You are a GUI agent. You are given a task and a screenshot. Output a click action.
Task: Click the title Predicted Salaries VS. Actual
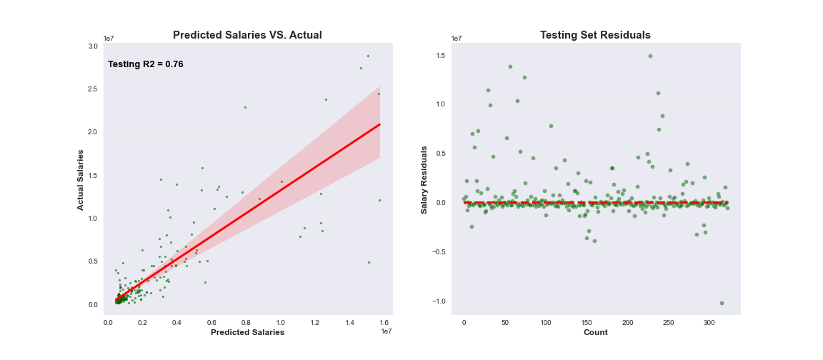click(x=247, y=35)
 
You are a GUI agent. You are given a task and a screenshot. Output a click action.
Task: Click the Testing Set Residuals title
click(x=595, y=35)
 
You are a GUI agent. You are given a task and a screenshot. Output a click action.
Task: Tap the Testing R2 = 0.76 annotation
click(x=146, y=64)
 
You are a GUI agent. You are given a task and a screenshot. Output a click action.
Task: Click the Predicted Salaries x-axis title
click(x=247, y=332)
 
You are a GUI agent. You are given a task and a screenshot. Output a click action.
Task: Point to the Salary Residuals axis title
click(x=424, y=179)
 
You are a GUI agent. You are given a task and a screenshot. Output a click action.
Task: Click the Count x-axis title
click(x=595, y=332)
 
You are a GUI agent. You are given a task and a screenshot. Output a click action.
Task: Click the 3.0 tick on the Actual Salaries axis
click(x=93, y=46)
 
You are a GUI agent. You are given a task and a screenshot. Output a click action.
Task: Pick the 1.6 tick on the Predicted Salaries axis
click(x=384, y=323)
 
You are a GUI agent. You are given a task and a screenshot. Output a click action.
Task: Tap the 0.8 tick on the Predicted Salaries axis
click(x=246, y=323)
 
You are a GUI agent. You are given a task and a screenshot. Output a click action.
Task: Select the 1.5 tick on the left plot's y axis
click(x=93, y=175)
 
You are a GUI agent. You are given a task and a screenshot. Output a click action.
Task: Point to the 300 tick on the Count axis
click(x=709, y=323)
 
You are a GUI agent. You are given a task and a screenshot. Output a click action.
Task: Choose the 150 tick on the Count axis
click(x=586, y=323)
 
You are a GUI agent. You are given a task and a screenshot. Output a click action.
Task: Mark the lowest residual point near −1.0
click(x=722, y=303)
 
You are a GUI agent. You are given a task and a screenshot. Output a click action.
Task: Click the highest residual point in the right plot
click(x=650, y=56)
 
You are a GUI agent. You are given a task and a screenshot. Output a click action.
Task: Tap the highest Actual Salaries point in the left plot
click(x=368, y=56)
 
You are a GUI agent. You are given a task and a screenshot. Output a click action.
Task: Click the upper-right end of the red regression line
click(x=379, y=124)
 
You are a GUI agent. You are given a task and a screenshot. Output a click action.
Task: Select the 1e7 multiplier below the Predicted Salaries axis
click(x=386, y=331)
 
